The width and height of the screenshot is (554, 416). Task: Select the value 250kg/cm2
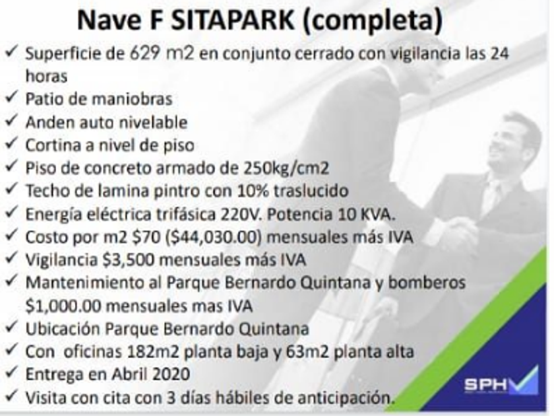tap(286, 168)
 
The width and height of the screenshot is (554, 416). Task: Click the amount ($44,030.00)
tap(214, 237)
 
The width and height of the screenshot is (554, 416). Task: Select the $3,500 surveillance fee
tap(129, 260)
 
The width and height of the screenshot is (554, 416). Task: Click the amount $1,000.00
tap(63, 306)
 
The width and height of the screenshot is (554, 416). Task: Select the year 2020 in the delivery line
tap(173, 374)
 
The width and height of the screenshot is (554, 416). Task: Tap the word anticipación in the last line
tap(345, 398)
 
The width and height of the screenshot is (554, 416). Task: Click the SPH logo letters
tap(486, 384)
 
